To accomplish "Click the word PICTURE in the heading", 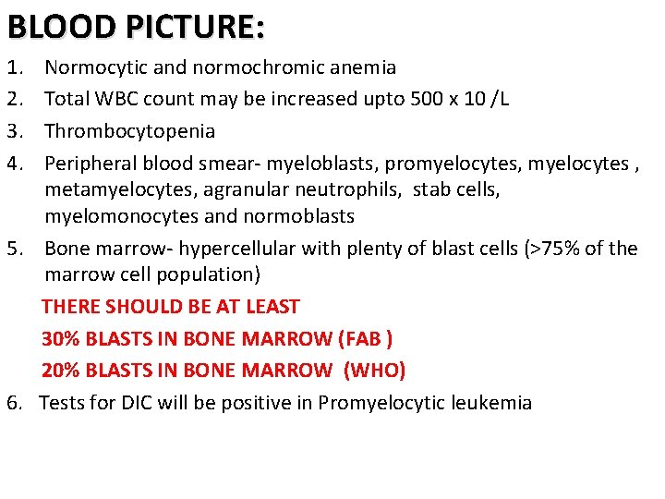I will [x=195, y=27].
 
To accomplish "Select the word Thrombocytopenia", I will [x=130, y=130].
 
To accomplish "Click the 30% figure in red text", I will [x=60, y=338].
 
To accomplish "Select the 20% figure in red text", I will [x=60, y=371].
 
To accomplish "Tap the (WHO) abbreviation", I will [x=374, y=371].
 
